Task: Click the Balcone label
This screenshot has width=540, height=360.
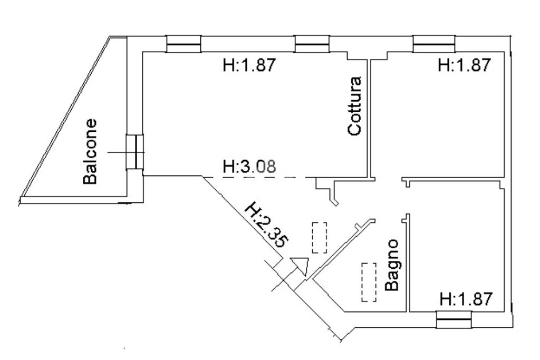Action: coord(91,151)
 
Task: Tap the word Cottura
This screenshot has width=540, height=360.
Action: coord(355,106)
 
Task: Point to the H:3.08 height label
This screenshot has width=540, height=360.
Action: coord(249,168)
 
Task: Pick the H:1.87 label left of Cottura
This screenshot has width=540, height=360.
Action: coord(249,65)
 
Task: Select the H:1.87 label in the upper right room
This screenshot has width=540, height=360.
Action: coord(465,65)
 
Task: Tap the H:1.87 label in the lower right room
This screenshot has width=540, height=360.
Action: coord(466,299)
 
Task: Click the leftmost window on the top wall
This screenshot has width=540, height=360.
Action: coord(184,44)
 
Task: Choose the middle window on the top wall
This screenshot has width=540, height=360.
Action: coord(312,44)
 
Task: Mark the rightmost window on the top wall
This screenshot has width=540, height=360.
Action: coord(433,44)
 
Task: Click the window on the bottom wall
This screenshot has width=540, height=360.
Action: coord(453,319)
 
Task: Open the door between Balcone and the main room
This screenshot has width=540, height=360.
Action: coord(135,152)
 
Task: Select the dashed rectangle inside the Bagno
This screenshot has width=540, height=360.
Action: coord(369,282)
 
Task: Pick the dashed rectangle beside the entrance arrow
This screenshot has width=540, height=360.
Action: coord(319,238)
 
